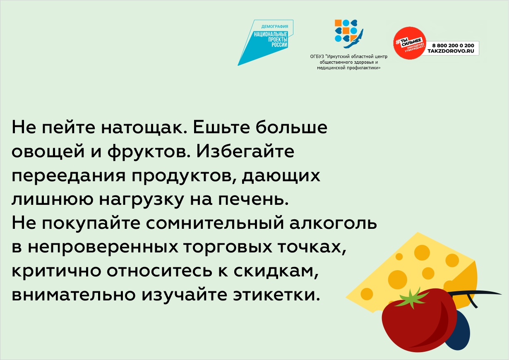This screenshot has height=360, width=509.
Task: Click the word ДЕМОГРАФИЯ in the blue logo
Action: click(x=274, y=26)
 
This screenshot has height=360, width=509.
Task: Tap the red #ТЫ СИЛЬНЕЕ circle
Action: click(x=409, y=43)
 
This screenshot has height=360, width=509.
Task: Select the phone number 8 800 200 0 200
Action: click(x=453, y=46)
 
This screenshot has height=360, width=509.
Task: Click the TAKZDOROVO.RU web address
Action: click(x=451, y=51)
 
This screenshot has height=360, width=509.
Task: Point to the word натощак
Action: click(x=144, y=128)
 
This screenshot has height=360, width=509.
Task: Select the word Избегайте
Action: click(x=245, y=151)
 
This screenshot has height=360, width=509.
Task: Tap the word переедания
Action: click(x=68, y=176)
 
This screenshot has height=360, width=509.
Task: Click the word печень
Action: click(x=253, y=200)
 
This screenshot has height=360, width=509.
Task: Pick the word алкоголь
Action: click(x=333, y=223)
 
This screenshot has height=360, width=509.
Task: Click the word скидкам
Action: click(x=276, y=271)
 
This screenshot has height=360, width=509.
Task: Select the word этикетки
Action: click(x=276, y=295)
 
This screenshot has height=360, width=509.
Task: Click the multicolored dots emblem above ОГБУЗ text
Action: click(x=348, y=34)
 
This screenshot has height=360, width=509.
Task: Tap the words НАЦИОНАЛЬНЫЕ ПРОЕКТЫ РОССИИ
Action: click(x=271, y=40)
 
